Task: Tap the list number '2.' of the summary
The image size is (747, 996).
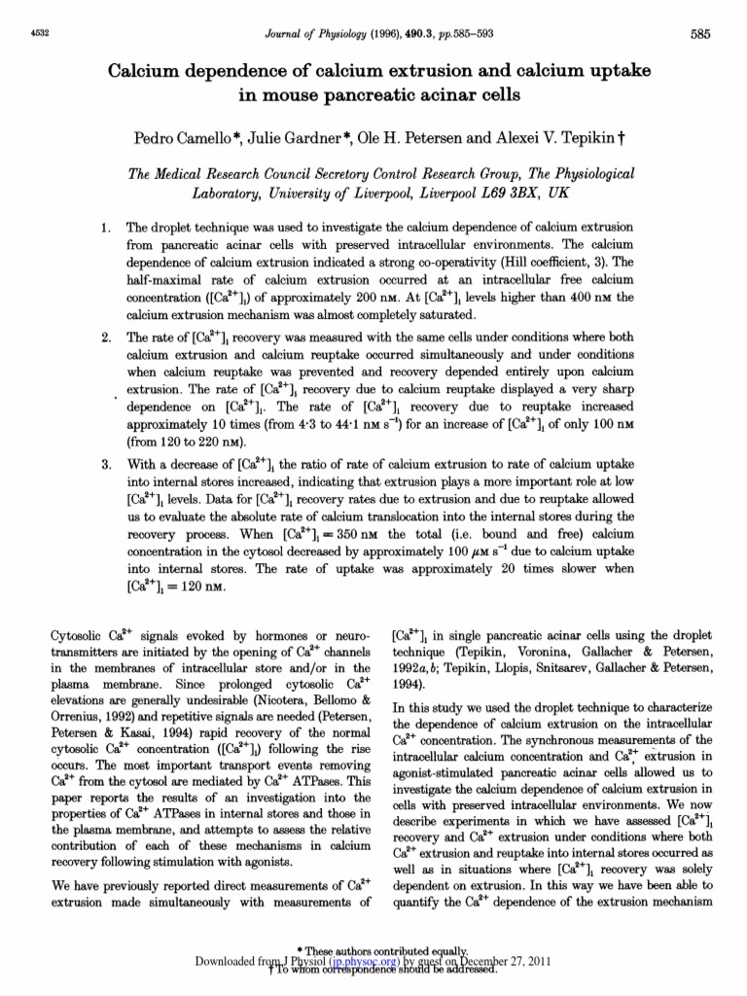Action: [x=107, y=338]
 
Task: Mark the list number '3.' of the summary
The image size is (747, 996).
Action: [x=107, y=464]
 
